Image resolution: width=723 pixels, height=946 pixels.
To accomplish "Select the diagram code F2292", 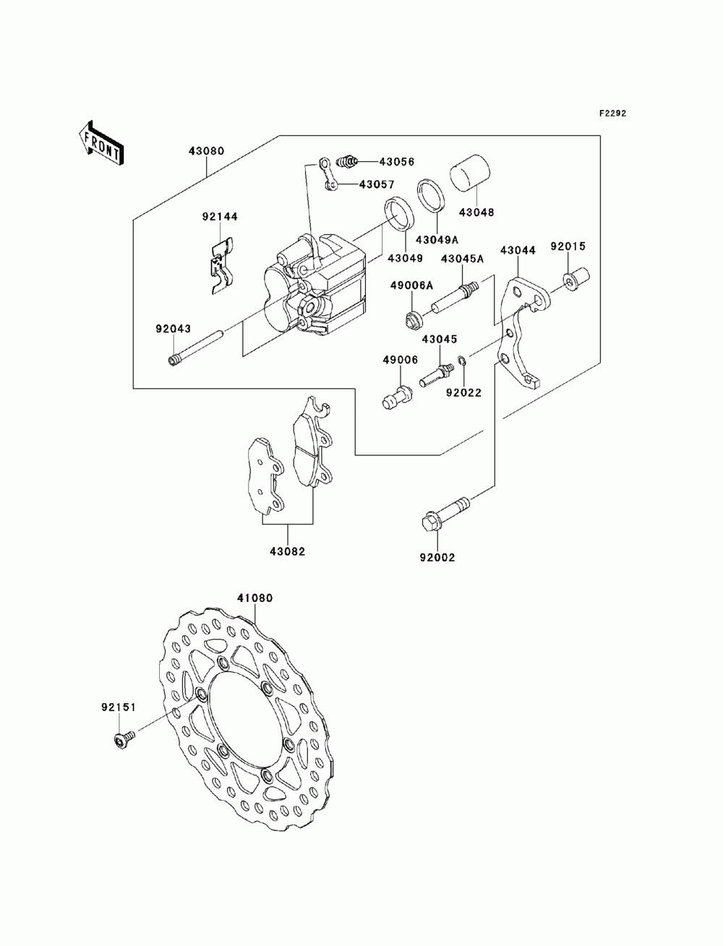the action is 612,113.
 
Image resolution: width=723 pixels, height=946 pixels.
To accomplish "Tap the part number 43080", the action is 207,151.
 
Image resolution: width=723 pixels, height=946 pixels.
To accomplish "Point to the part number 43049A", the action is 437,239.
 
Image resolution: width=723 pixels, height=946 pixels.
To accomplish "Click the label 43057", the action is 377,184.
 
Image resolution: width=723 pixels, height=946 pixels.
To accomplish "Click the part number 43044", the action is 518,250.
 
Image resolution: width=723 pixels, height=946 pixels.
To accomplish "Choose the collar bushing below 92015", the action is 576,279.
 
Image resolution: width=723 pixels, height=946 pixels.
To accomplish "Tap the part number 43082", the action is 288,551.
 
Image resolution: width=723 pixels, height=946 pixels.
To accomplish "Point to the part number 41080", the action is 254,598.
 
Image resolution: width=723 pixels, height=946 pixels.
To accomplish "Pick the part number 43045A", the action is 462,259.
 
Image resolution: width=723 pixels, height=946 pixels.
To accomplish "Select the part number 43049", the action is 405,258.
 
